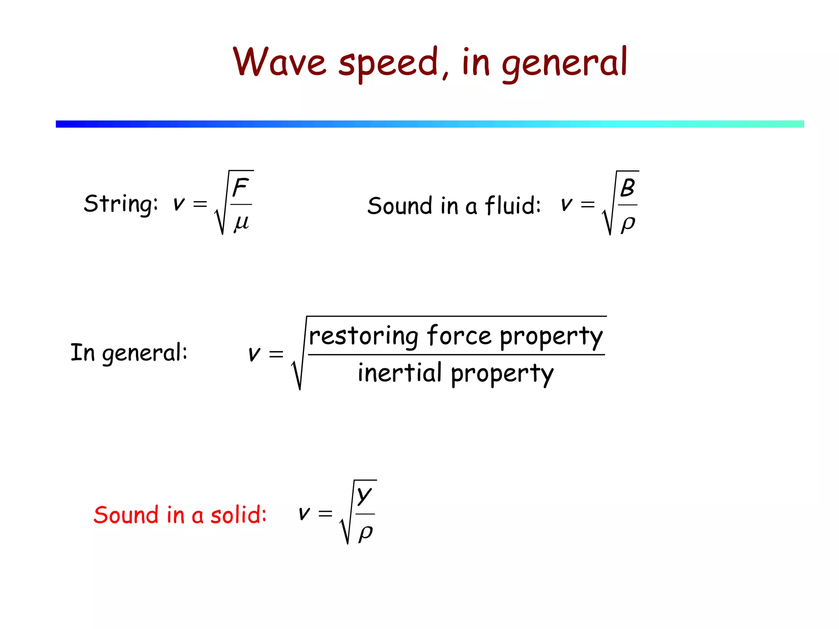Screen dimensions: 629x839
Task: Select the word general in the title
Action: (x=565, y=63)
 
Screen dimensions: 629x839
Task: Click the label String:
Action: (x=121, y=204)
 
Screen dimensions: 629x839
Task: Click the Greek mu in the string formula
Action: (x=241, y=223)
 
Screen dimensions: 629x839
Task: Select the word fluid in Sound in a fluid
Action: (x=512, y=205)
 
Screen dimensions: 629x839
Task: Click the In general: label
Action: (x=129, y=353)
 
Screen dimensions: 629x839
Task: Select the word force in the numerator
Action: (x=459, y=336)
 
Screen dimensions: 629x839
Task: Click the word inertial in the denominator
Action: (x=399, y=373)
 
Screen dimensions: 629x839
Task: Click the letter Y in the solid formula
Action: (x=364, y=496)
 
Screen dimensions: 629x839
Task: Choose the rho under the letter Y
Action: (x=365, y=532)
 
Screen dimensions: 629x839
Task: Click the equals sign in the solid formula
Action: (x=325, y=513)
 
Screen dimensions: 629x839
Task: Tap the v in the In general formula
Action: (x=254, y=353)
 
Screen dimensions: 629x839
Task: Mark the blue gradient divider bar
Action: (x=430, y=124)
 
